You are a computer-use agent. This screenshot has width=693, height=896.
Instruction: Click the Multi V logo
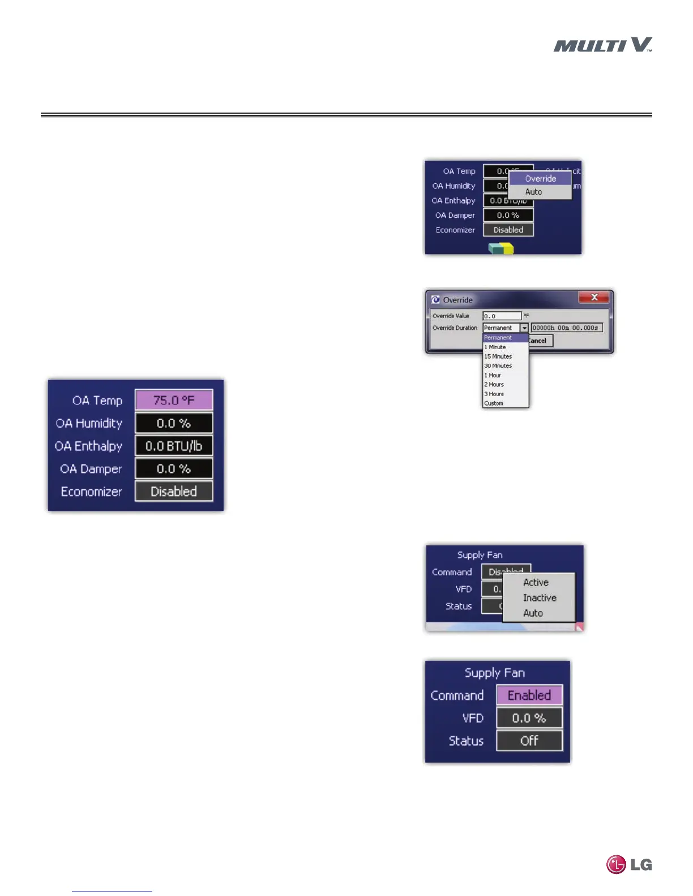602,45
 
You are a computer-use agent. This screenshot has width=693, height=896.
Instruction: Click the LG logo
629,864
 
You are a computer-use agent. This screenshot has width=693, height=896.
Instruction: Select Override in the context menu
540,179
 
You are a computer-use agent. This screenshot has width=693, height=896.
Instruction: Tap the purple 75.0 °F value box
174,400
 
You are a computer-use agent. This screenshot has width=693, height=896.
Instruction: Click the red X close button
594,298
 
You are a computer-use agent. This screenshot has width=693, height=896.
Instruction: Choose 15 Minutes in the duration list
498,356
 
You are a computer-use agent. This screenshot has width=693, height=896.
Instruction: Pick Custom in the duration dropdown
494,403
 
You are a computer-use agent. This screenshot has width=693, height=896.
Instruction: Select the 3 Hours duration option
494,394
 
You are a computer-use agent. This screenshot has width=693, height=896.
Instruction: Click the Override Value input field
502,316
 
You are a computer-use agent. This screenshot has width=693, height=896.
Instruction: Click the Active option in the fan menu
536,583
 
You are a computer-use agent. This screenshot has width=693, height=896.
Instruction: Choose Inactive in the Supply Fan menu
540,598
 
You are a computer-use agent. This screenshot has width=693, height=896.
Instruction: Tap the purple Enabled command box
529,695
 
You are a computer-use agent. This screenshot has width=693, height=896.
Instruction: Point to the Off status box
529,740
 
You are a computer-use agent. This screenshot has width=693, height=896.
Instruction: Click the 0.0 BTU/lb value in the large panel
174,446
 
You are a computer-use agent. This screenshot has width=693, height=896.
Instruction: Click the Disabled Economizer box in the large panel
174,492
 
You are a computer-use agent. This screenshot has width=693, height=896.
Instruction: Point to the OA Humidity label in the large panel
89,423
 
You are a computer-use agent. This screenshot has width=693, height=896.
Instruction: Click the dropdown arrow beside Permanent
524,328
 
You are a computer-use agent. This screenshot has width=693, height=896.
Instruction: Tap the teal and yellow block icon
501,248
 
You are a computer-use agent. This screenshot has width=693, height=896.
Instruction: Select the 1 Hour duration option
493,375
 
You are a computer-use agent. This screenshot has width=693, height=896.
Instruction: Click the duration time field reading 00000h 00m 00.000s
566,328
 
